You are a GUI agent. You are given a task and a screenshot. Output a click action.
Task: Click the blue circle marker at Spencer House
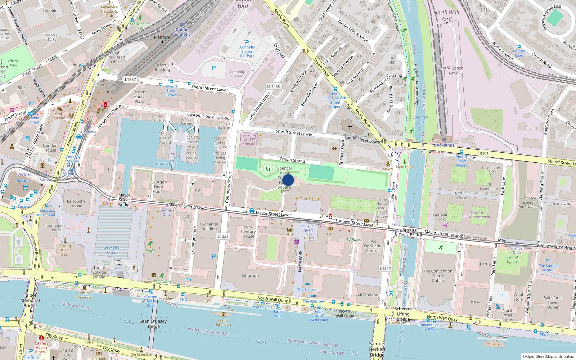288,180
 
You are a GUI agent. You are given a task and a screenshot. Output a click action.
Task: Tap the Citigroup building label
250,276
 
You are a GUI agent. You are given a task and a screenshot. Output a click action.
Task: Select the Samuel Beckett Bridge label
377,349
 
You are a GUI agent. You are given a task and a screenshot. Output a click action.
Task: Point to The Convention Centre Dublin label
438,276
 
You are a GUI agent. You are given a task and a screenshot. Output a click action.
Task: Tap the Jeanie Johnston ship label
223,322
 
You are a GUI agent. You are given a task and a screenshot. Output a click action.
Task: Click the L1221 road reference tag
223,236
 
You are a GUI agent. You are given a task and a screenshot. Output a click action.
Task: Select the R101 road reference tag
484,154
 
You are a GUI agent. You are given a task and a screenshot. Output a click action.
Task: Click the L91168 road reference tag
274,86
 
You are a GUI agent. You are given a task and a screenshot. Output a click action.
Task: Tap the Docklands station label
444,145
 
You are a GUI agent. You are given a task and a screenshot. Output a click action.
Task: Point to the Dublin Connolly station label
182,32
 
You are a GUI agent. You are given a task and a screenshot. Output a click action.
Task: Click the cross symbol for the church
350,127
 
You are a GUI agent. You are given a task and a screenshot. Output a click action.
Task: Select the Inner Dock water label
166,163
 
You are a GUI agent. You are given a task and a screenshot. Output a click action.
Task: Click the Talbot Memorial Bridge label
30,300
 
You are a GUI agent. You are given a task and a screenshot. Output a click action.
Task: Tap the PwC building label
475,301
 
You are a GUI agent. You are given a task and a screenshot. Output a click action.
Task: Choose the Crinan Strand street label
292,160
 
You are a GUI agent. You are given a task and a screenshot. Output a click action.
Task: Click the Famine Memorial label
85,295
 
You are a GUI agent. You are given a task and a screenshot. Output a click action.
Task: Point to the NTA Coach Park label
453,71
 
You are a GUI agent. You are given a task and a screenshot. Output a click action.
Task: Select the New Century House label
248,231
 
